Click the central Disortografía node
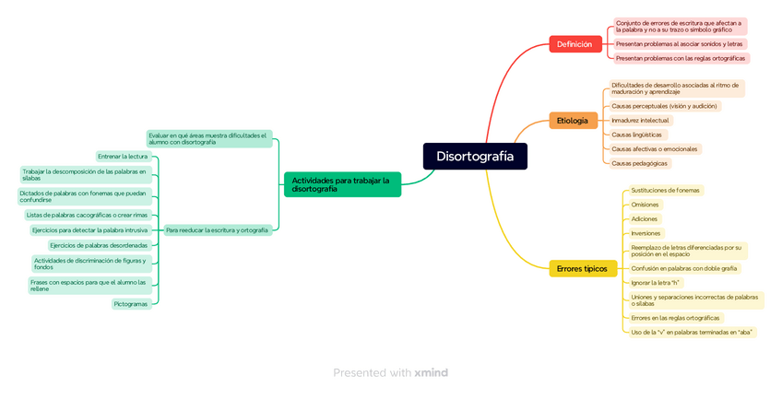click(x=475, y=156)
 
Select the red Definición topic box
click(x=575, y=43)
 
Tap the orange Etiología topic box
click(x=572, y=120)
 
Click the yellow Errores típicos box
click(x=582, y=268)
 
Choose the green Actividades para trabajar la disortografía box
click(x=342, y=184)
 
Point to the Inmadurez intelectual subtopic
click(x=641, y=120)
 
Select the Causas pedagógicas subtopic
click(x=640, y=163)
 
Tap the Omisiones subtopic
click(x=645, y=205)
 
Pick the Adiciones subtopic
click(x=644, y=218)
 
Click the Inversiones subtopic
click(x=646, y=233)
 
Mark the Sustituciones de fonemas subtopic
click(x=665, y=190)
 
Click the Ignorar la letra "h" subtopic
click(x=655, y=282)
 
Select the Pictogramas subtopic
click(x=130, y=303)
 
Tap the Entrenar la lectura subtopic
click(x=123, y=156)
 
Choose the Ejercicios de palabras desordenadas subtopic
click(x=99, y=245)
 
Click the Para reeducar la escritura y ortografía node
click(x=217, y=229)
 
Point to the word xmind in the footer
click(x=432, y=372)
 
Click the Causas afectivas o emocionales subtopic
click(x=655, y=148)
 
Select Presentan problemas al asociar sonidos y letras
click(x=679, y=43)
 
